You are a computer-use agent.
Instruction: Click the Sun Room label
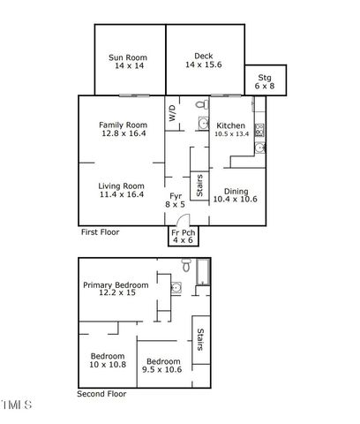tap(128, 58)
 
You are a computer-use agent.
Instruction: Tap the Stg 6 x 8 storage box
tap(264, 81)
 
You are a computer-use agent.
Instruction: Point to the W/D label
tap(171, 113)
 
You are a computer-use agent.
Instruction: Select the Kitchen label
tap(230, 126)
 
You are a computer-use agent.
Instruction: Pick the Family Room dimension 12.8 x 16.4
tap(122, 134)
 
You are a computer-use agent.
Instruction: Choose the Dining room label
tap(235, 191)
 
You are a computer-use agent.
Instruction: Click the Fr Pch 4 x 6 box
tap(183, 236)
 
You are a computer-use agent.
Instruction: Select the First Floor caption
tap(100, 232)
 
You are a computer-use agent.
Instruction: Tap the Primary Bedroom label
tap(116, 284)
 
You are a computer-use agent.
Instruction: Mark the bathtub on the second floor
tap(202, 275)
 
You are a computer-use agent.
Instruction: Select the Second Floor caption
tap(102, 394)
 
